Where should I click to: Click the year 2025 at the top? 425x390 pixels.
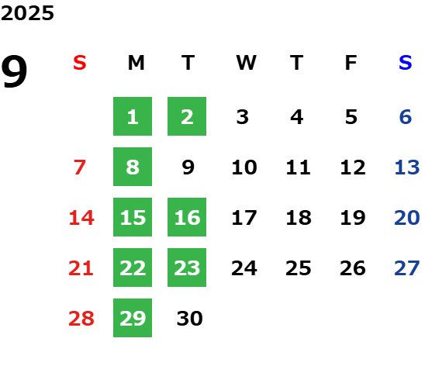[x=27, y=13]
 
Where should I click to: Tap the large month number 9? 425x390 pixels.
[x=14, y=71]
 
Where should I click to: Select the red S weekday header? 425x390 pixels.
[x=80, y=63]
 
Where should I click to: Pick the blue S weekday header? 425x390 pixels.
[x=405, y=63]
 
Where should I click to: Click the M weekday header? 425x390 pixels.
[x=136, y=63]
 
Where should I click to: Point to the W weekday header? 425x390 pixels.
[x=246, y=63]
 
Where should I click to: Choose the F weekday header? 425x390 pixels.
[x=351, y=63]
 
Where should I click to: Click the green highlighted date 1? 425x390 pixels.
[x=133, y=116]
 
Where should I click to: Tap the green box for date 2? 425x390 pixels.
[x=187, y=116]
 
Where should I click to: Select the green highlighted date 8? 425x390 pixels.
[x=133, y=167]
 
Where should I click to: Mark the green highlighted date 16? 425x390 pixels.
[x=187, y=217]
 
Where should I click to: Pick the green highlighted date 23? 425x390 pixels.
[x=187, y=267]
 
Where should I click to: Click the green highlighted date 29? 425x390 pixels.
[x=133, y=318]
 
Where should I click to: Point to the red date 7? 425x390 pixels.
[x=80, y=167]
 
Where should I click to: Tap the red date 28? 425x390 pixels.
[x=81, y=318]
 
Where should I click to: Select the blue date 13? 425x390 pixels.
[x=407, y=167]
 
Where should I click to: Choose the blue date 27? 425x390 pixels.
[x=407, y=267]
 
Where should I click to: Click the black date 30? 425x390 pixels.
[x=189, y=318]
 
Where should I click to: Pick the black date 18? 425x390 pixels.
[x=299, y=217]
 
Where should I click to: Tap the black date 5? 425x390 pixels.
[x=351, y=117]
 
